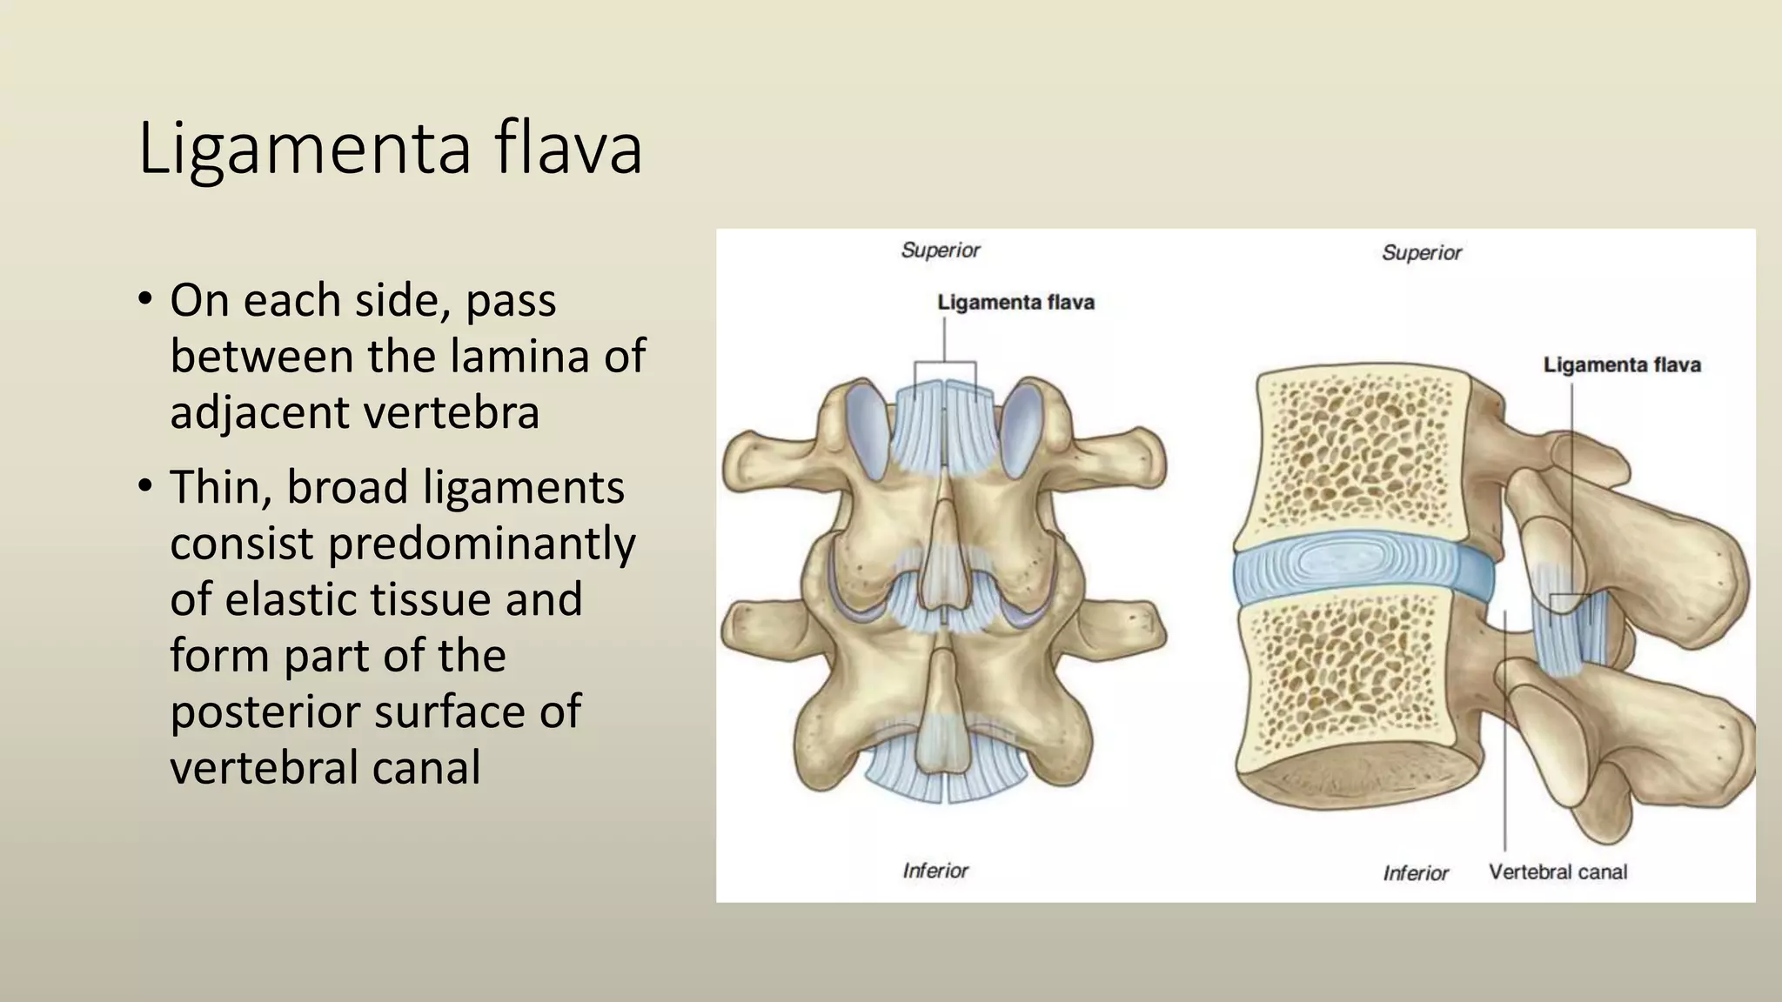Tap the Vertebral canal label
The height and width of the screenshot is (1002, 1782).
coord(1558,872)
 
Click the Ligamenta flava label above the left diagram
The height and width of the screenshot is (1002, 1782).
coord(1015,303)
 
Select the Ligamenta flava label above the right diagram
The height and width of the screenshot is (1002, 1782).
coord(1622,364)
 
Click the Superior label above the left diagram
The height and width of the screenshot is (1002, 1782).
coord(941,250)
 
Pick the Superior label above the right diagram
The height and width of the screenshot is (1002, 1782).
coord(1422,253)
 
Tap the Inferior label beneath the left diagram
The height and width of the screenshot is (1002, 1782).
coord(935,871)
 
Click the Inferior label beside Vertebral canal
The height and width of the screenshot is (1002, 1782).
coord(1416,872)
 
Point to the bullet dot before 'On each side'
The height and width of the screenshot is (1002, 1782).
coord(145,300)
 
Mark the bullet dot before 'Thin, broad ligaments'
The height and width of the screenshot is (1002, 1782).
coord(145,486)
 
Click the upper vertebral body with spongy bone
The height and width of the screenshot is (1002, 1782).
coord(1357,452)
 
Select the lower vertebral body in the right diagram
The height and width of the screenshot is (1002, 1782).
coord(1357,687)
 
